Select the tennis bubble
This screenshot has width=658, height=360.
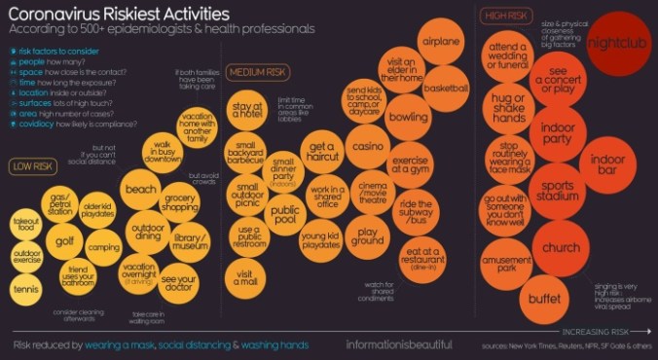click(26, 288)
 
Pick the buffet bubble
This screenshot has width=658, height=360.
click(544, 299)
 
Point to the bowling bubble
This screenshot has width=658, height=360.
click(408, 117)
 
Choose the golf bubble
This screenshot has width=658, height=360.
click(64, 240)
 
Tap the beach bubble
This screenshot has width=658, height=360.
click(141, 189)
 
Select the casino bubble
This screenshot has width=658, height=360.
click(369, 146)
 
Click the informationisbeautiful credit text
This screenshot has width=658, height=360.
click(399, 344)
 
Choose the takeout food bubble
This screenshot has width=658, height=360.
click(26, 224)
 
